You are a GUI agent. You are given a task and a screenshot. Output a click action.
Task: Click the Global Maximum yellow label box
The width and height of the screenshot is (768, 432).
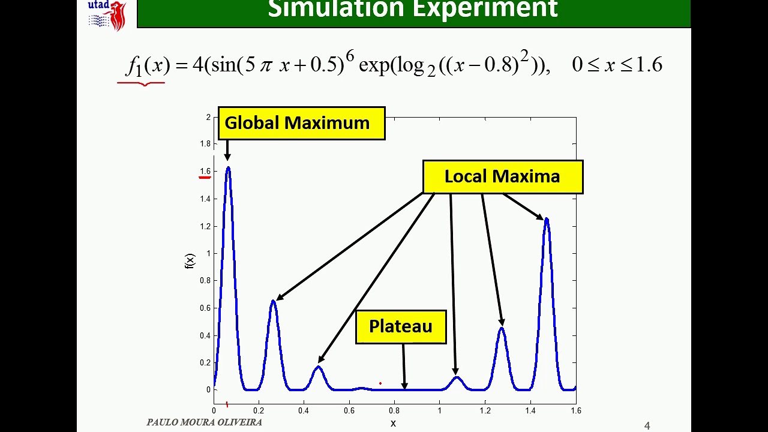click(x=301, y=123)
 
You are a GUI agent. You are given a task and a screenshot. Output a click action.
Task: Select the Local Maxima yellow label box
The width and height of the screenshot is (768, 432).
click(x=502, y=176)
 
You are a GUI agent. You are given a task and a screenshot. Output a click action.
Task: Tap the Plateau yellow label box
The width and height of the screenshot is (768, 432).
click(x=401, y=326)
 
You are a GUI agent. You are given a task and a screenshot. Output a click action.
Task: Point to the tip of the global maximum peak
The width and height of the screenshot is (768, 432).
click(x=228, y=168)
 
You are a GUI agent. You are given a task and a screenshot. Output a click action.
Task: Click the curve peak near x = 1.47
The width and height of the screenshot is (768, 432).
click(x=547, y=220)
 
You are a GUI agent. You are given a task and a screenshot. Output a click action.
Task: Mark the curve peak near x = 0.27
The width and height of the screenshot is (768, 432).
click(x=274, y=301)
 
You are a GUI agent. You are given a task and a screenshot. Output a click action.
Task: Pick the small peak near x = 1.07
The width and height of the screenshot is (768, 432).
click(x=457, y=377)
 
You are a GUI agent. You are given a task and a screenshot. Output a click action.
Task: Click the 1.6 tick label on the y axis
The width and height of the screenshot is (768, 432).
click(x=205, y=172)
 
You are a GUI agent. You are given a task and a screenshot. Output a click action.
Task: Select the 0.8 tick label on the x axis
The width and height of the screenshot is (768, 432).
click(x=394, y=411)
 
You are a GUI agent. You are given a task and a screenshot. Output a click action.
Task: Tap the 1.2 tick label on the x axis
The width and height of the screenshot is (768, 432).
click(x=484, y=411)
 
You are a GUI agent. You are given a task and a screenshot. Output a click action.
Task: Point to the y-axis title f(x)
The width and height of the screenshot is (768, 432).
click(x=190, y=260)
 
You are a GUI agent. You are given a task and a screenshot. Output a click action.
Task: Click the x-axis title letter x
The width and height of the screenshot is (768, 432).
click(x=393, y=424)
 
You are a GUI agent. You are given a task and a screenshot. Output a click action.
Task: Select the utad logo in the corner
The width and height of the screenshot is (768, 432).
click(x=107, y=14)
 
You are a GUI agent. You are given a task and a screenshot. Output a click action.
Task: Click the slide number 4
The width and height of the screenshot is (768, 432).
click(x=647, y=426)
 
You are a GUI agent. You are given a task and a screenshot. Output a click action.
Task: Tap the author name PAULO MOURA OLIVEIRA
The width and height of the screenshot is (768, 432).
click(x=204, y=422)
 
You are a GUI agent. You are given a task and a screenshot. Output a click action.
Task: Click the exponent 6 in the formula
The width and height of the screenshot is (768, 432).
click(x=350, y=57)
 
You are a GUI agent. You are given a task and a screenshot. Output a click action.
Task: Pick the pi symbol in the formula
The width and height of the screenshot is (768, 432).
click(x=266, y=66)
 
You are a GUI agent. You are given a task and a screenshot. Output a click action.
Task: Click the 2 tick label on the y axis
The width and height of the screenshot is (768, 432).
click(x=208, y=117)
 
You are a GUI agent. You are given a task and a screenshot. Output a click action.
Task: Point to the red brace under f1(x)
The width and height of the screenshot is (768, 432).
click(x=142, y=83)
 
